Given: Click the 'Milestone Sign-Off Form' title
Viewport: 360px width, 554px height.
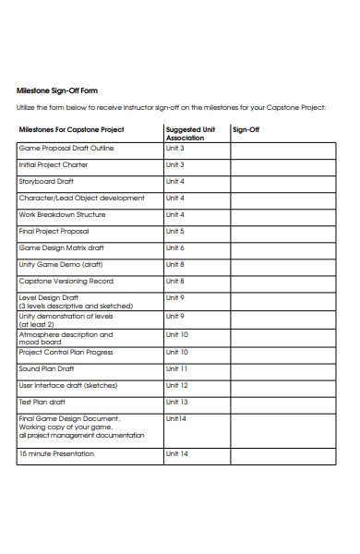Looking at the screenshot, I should click(57, 90).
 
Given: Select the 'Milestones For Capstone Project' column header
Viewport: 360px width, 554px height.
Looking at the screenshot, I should click(71, 130).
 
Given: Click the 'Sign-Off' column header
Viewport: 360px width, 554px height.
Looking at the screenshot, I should click(246, 130).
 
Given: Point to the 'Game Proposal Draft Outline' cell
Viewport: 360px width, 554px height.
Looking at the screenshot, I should click(66, 148).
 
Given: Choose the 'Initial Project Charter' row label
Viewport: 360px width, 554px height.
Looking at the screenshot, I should click(54, 164).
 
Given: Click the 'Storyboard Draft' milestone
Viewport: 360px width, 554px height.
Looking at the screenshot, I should click(46, 181).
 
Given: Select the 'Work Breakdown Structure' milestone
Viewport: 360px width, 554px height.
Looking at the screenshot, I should click(62, 214).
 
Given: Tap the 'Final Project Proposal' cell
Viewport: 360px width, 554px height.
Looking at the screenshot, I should click(54, 231).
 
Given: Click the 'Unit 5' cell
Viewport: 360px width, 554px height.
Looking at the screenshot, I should click(175, 231).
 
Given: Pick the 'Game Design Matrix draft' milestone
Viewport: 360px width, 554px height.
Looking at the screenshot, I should click(62, 247).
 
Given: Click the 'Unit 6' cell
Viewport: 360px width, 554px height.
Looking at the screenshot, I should click(175, 247).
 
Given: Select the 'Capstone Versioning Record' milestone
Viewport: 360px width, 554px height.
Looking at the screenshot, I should click(66, 281).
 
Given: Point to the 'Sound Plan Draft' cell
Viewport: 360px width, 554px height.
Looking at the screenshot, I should click(47, 368).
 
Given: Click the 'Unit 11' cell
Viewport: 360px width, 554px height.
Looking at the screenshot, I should click(176, 368).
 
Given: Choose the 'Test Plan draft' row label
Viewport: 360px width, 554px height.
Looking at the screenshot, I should click(42, 402).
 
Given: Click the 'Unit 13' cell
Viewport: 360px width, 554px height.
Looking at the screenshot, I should click(176, 402).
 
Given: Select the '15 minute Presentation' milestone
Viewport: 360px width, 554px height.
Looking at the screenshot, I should click(56, 453).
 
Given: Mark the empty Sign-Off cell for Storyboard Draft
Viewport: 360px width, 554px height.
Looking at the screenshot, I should click(284, 181).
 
